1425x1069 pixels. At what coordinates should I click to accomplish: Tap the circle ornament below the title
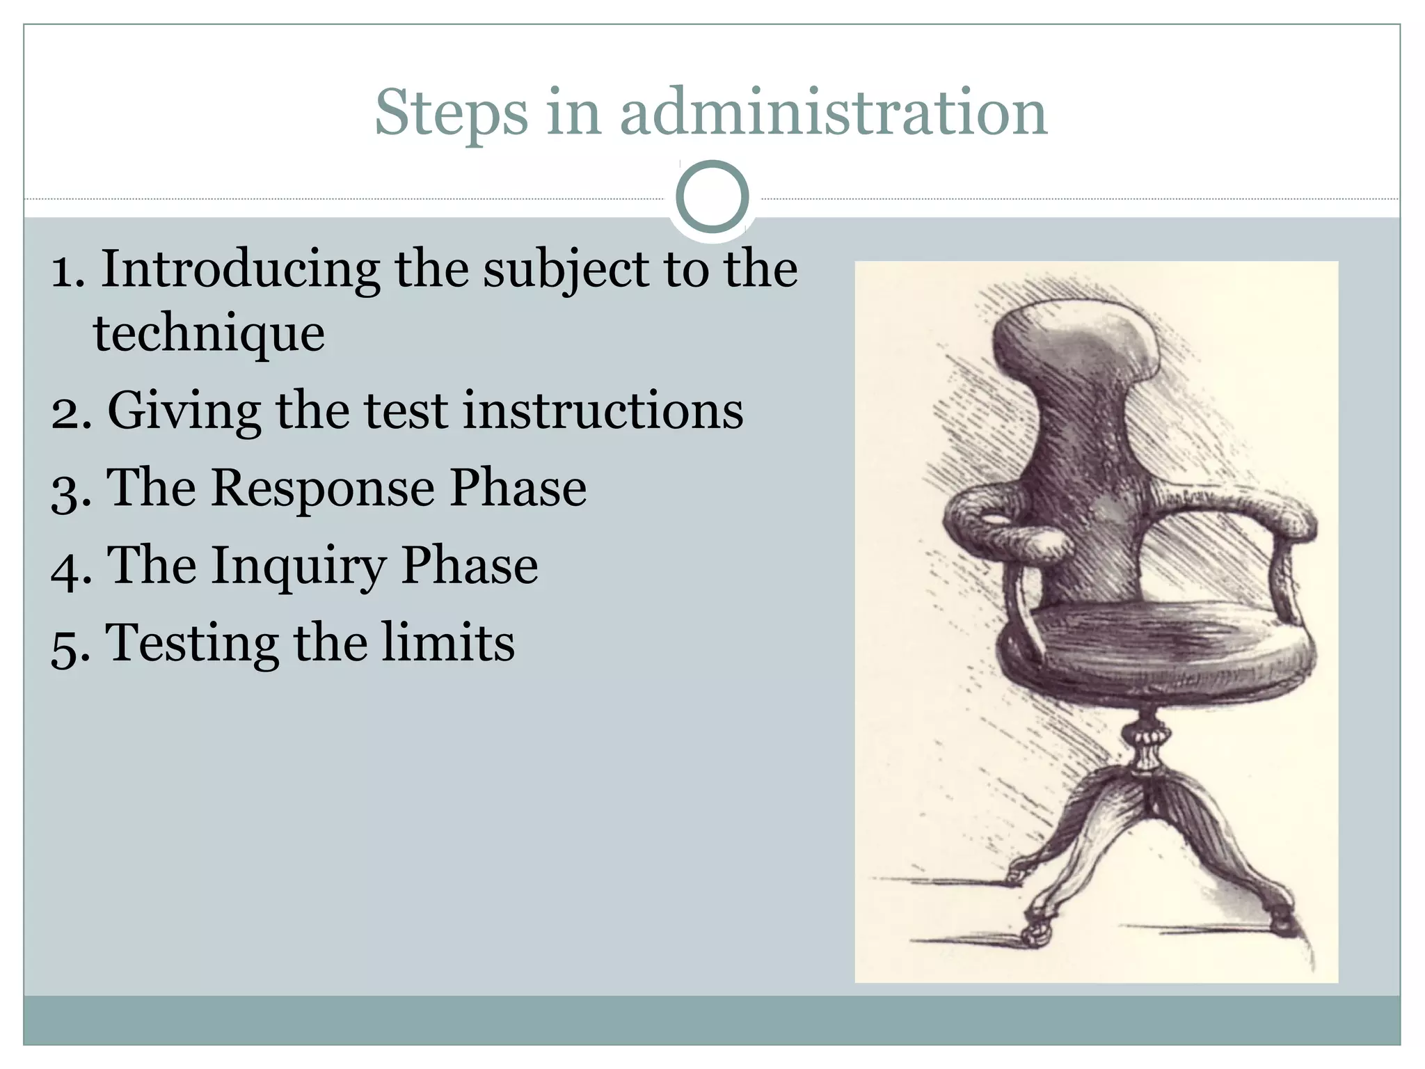tap(712, 196)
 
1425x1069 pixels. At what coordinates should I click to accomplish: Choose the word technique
tap(209, 334)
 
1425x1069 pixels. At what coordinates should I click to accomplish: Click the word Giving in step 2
tap(184, 412)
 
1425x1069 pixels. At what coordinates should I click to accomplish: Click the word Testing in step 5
tap(192, 644)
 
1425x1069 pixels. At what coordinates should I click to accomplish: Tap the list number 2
tap(70, 415)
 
